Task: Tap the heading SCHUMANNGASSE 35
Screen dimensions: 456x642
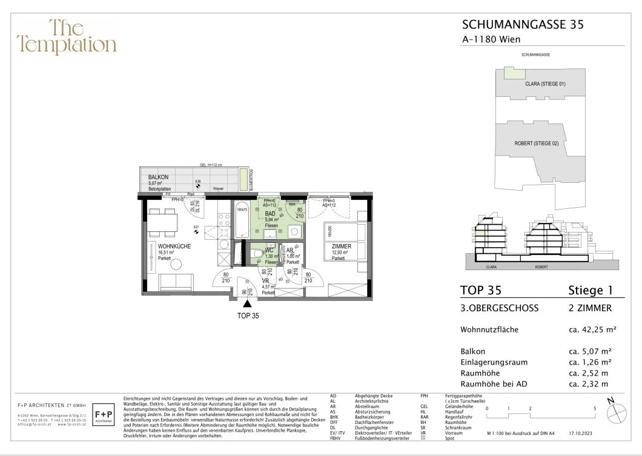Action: (x=523, y=25)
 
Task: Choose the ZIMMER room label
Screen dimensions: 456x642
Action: (x=342, y=246)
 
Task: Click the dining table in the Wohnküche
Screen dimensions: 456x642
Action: (x=161, y=222)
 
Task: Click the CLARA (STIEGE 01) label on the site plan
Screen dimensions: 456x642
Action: (x=545, y=84)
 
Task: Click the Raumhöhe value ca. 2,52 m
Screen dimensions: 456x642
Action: (x=589, y=373)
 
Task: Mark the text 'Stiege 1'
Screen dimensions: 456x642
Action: (x=591, y=290)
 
